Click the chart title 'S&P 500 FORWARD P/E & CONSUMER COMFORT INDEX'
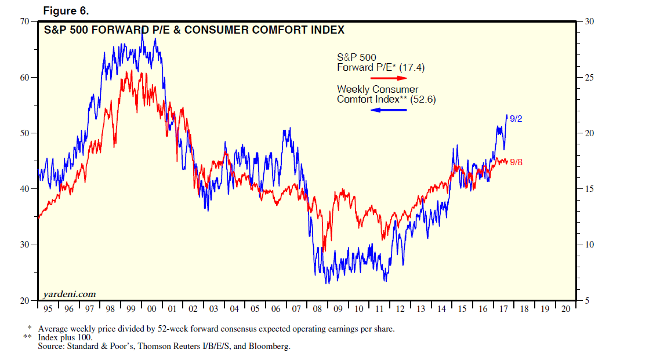(194, 30)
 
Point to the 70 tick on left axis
(25, 21)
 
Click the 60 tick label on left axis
(25, 77)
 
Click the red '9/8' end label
(516, 162)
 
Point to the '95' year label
(48, 309)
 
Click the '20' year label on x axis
(565, 309)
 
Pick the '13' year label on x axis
(420, 309)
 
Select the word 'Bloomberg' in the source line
(269, 346)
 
